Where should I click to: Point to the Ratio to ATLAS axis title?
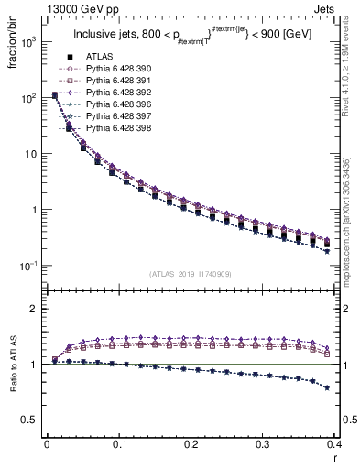pyautogui.click(x=13, y=376)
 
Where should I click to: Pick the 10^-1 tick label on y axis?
pyautogui.click(x=29, y=266)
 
